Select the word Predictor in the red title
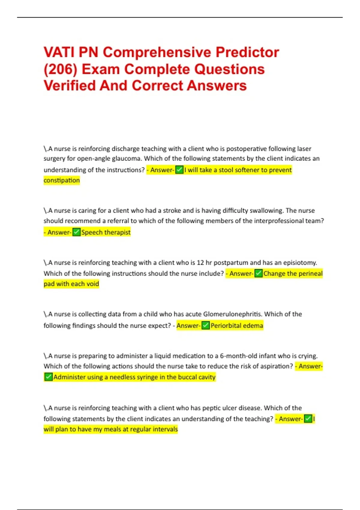(x=247, y=52)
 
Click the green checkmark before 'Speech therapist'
(x=76, y=232)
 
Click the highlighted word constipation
(x=62, y=180)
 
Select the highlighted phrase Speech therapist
(x=106, y=232)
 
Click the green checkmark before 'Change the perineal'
(x=258, y=274)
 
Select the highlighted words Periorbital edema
(x=237, y=326)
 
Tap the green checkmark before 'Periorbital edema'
(x=205, y=325)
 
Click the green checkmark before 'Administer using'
(x=48, y=377)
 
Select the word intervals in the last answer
(x=165, y=429)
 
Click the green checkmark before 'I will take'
(x=179, y=170)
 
